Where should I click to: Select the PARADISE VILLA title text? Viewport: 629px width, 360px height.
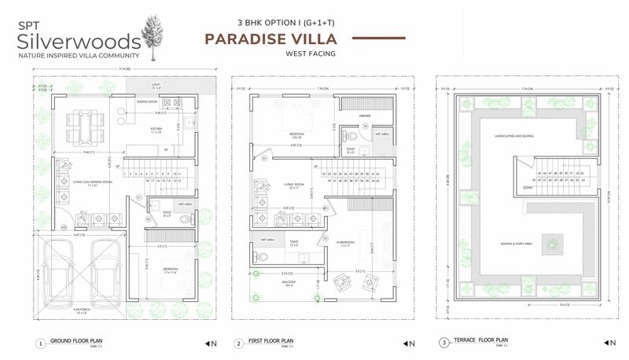(271, 39)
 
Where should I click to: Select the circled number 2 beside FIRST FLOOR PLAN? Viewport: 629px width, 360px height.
(237, 343)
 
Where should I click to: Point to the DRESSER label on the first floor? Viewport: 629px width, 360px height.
(365, 116)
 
